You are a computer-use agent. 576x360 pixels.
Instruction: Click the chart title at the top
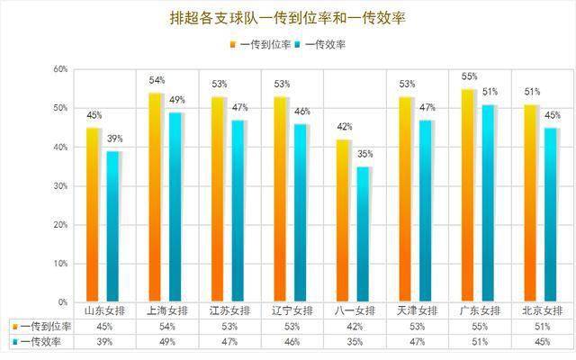pyautogui.click(x=287, y=17)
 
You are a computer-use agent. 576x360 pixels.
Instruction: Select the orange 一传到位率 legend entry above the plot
pyautogui.click(x=261, y=43)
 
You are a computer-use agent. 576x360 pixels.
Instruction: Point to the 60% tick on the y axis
pyautogui.click(x=60, y=69)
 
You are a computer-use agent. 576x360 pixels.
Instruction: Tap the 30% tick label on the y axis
pyautogui.click(x=60, y=186)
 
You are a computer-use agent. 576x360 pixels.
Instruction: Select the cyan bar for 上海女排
pyautogui.click(x=176, y=207)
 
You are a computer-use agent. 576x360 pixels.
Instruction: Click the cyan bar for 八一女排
pyautogui.click(x=364, y=234)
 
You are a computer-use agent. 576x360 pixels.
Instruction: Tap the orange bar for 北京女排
pyautogui.click(x=531, y=203)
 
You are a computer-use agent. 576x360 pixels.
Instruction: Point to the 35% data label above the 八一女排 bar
pyautogui.click(x=364, y=155)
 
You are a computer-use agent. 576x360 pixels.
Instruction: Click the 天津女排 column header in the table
pyautogui.click(x=416, y=310)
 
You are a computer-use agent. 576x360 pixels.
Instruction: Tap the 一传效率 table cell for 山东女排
pyautogui.click(x=103, y=342)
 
